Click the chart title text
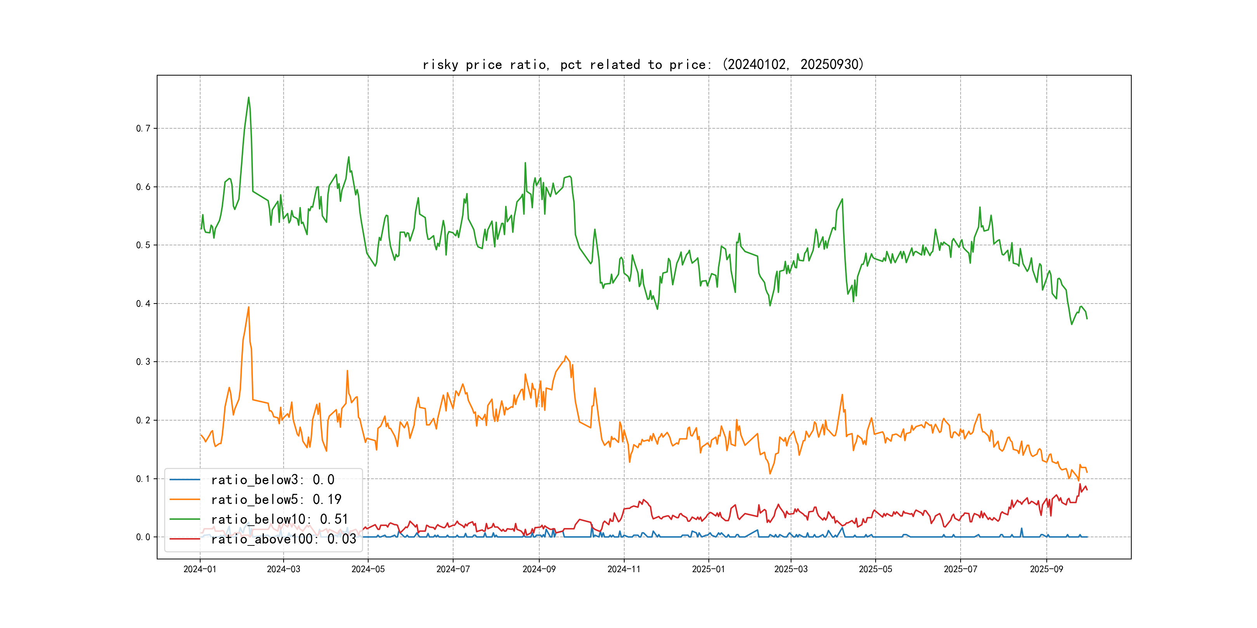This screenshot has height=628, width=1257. click(642, 64)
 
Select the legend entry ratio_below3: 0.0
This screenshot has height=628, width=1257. click(272, 480)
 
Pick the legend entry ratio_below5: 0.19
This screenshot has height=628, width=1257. click(276, 499)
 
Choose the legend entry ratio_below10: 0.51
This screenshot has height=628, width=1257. click(279, 519)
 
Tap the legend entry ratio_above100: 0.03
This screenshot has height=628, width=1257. click(283, 539)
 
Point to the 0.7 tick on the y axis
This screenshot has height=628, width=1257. click(143, 129)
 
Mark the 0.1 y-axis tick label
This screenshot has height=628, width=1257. click(143, 479)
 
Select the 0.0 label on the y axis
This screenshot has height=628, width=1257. click(143, 537)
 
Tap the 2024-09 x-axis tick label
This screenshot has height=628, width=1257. click(539, 569)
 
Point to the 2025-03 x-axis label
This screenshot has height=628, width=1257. click(791, 569)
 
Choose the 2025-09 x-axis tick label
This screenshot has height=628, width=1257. click(1046, 569)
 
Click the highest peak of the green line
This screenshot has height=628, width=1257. click(248, 98)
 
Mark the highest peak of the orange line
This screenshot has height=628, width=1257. click(248, 307)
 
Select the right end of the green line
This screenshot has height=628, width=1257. click(1087, 318)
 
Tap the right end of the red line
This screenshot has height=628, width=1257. click(1087, 490)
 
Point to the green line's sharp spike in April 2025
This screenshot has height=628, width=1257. click(842, 199)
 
